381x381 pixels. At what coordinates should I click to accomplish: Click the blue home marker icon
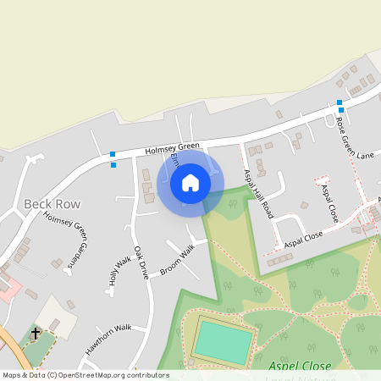190,183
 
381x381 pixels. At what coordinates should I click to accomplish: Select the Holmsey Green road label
172,148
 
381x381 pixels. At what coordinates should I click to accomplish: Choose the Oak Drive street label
141,262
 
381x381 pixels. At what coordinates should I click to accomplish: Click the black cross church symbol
36,334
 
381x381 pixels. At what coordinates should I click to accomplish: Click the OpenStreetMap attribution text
85,375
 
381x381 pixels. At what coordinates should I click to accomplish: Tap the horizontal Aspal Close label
305,238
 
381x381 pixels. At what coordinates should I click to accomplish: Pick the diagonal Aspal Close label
329,203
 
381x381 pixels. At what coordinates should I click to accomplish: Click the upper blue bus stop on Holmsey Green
113,154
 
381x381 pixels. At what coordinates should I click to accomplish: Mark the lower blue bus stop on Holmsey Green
113,164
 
